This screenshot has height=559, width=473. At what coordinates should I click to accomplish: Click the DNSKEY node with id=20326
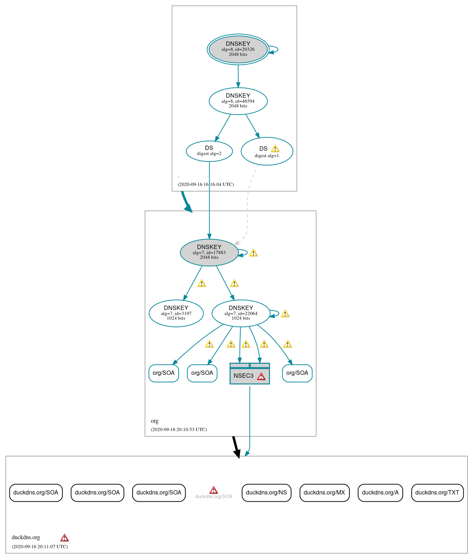(238, 49)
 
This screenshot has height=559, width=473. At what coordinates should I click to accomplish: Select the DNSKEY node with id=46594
(238, 101)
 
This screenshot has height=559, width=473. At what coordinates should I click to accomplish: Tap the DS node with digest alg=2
(209, 151)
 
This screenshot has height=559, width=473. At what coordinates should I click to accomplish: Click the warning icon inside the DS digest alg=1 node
(275, 148)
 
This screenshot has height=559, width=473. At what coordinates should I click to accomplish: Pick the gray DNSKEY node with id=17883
(209, 253)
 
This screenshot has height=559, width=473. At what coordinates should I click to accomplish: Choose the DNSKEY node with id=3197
(176, 314)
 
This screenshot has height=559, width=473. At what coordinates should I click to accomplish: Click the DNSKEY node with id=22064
(241, 314)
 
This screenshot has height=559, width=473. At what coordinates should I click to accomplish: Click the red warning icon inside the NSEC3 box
(261, 377)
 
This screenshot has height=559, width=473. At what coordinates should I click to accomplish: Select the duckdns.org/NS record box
(266, 493)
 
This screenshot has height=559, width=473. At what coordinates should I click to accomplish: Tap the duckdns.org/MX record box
(324, 493)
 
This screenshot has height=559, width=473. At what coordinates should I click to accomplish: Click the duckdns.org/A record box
(380, 493)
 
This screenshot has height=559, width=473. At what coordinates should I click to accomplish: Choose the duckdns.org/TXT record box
(437, 493)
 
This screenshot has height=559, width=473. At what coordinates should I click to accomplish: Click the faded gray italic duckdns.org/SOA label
(213, 497)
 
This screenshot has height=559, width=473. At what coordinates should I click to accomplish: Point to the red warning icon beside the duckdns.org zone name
(64, 538)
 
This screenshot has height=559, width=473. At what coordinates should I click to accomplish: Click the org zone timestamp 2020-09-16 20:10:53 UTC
(179, 430)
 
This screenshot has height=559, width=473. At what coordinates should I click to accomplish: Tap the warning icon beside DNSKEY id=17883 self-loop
(253, 253)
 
